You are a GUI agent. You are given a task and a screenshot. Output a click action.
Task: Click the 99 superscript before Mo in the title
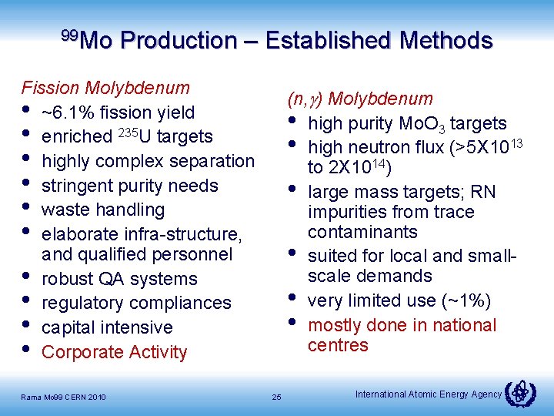tap(69, 35)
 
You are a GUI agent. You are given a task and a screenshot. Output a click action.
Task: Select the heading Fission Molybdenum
tap(105, 88)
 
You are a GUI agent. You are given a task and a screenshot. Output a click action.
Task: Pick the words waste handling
tap(103, 210)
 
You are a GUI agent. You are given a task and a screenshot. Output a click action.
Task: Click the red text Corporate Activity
tap(115, 352)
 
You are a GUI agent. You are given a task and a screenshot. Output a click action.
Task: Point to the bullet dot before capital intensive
tap(28, 327)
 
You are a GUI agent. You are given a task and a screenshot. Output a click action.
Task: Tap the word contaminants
tap(362, 232)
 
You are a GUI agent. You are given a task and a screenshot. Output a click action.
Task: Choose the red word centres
tap(339, 345)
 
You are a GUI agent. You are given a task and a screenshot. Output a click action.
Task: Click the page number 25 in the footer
tap(277, 397)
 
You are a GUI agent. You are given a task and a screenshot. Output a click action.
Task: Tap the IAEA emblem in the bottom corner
tap(522, 393)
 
